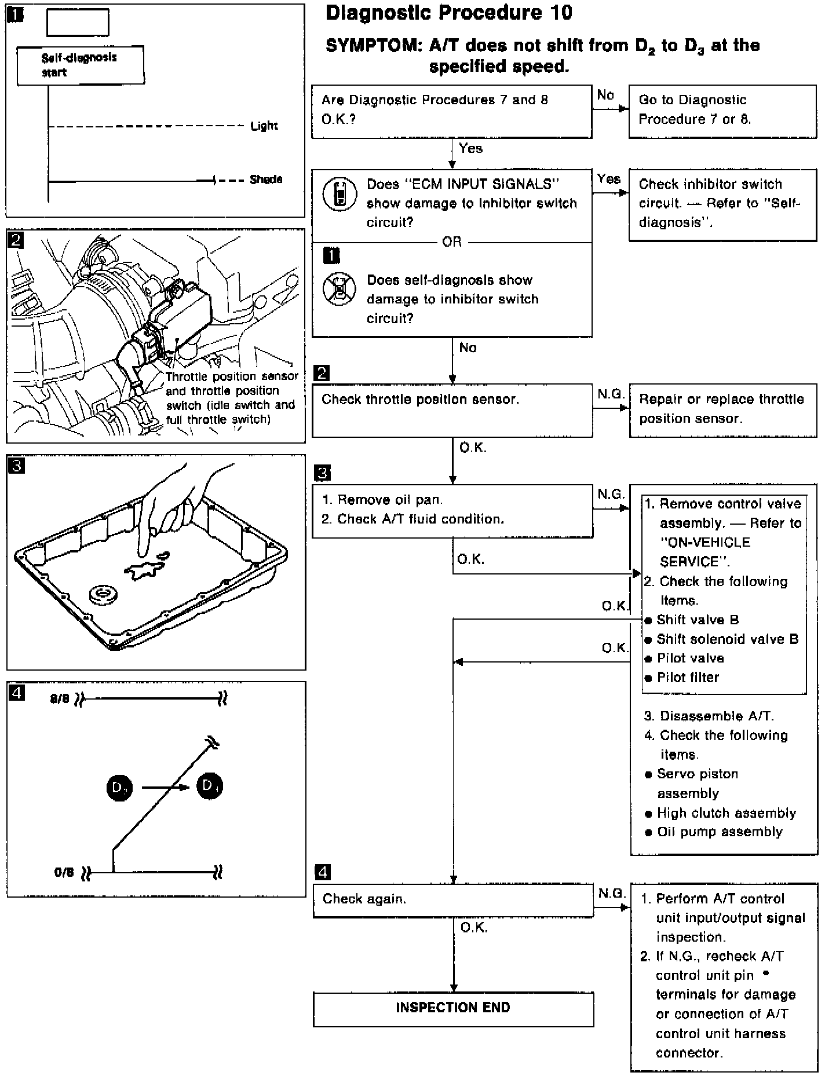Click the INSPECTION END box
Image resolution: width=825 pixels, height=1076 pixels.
coord(453,1009)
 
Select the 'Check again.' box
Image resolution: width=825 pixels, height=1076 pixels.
coord(452,900)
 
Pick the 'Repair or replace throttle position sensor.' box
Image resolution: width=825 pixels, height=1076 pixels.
coord(723,411)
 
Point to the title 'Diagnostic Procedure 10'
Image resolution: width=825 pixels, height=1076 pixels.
coord(449,13)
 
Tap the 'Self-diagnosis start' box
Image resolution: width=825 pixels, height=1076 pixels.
coord(81,65)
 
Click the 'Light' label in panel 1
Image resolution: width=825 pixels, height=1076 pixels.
coord(264,126)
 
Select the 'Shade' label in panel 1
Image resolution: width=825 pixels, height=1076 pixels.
coord(266,180)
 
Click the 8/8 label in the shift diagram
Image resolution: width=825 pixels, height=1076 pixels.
coord(60,699)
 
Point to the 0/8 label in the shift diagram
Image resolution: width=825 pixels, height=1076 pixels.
coord(64,872)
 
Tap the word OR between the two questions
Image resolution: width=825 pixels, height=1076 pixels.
coord(452,242)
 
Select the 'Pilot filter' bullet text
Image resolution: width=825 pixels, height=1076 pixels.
coord(688,678)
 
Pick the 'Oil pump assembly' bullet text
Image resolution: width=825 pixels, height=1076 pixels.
coord(720,832)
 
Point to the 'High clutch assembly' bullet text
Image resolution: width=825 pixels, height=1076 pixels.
coord(726,813)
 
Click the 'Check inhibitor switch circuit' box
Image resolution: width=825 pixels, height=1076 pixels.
coord(722,203)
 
